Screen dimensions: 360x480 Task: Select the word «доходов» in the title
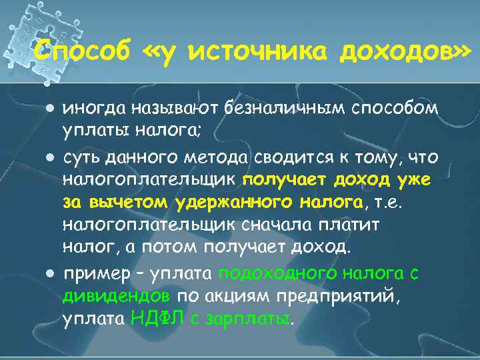click(x=399, y=51)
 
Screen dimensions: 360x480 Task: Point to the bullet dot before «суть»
click(x=51, y=158)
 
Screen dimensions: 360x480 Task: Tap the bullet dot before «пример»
click(x=51, y=273)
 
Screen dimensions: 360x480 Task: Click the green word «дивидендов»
click(x=117, y=296)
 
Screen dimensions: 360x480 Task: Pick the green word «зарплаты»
click(x=250, y=319)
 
